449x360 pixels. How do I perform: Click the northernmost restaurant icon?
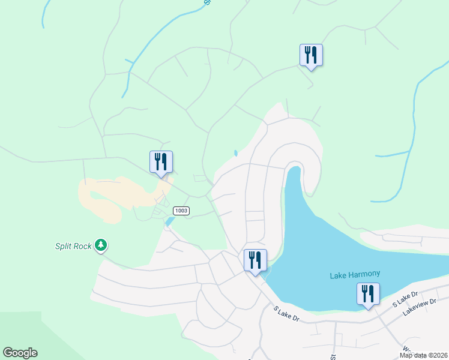click(x=311, y=55)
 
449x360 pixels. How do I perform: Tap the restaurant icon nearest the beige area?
click(x=161, y=162)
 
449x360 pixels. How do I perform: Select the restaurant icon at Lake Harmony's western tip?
click(x=255, y=260)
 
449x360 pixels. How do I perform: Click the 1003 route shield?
click(x=181, y=211)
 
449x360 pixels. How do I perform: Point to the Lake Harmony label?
click(x=355, y=275)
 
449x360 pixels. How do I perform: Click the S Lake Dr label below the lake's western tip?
click(x=286, y=313)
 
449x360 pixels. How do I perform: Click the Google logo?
click(x=20, y=353)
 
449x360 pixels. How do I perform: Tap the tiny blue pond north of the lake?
click(x=235, y=153)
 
